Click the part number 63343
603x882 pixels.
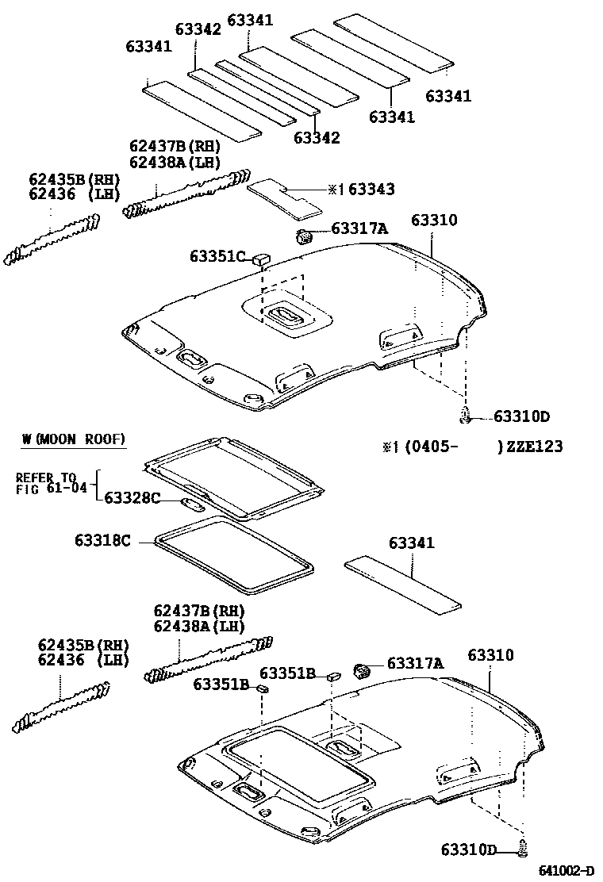coord(371,190)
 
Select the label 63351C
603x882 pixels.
coord(219,256)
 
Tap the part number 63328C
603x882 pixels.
coord(133,498)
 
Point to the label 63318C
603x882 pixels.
coord(102,541)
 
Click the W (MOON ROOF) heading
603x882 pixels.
coord(74,439)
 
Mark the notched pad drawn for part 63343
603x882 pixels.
coord(286,197)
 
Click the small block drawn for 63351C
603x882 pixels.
coord(261,258)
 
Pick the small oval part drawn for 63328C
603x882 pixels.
coord(194,503)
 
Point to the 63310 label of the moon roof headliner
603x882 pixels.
coord(490,656)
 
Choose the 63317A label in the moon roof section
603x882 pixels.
coord(415,664)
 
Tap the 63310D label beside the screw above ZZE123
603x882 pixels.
coord(521,416)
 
